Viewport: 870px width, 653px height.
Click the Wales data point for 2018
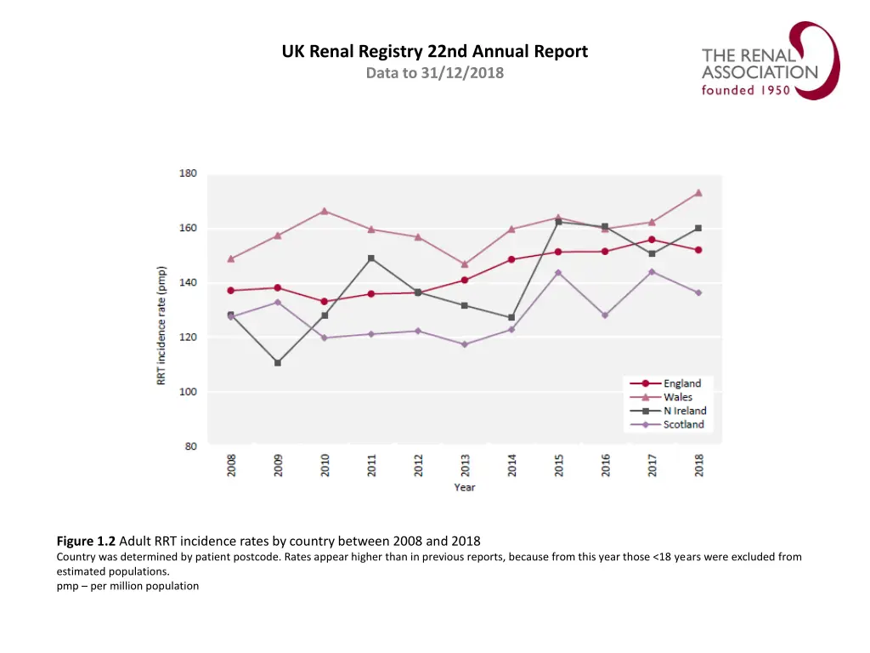[698, 193]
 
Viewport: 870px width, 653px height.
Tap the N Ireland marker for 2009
[278, 363]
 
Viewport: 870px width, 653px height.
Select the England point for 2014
[511, 259]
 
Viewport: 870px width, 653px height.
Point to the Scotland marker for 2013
[465, 344]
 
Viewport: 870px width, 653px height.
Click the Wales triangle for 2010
[325, 211]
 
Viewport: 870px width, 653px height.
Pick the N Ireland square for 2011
[371, 258]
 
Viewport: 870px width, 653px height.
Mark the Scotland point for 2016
[605, 315]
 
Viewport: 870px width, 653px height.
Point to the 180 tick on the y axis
[188, 173]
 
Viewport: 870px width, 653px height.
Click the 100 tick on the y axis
[188, 392]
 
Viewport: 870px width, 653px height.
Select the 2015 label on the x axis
[559, 465]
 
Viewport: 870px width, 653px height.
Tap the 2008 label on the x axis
[231, 465]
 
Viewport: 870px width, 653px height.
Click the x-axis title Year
[465, 488]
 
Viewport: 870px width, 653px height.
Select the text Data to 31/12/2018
[434, 73]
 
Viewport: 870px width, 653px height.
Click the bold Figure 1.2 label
[87, 541]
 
